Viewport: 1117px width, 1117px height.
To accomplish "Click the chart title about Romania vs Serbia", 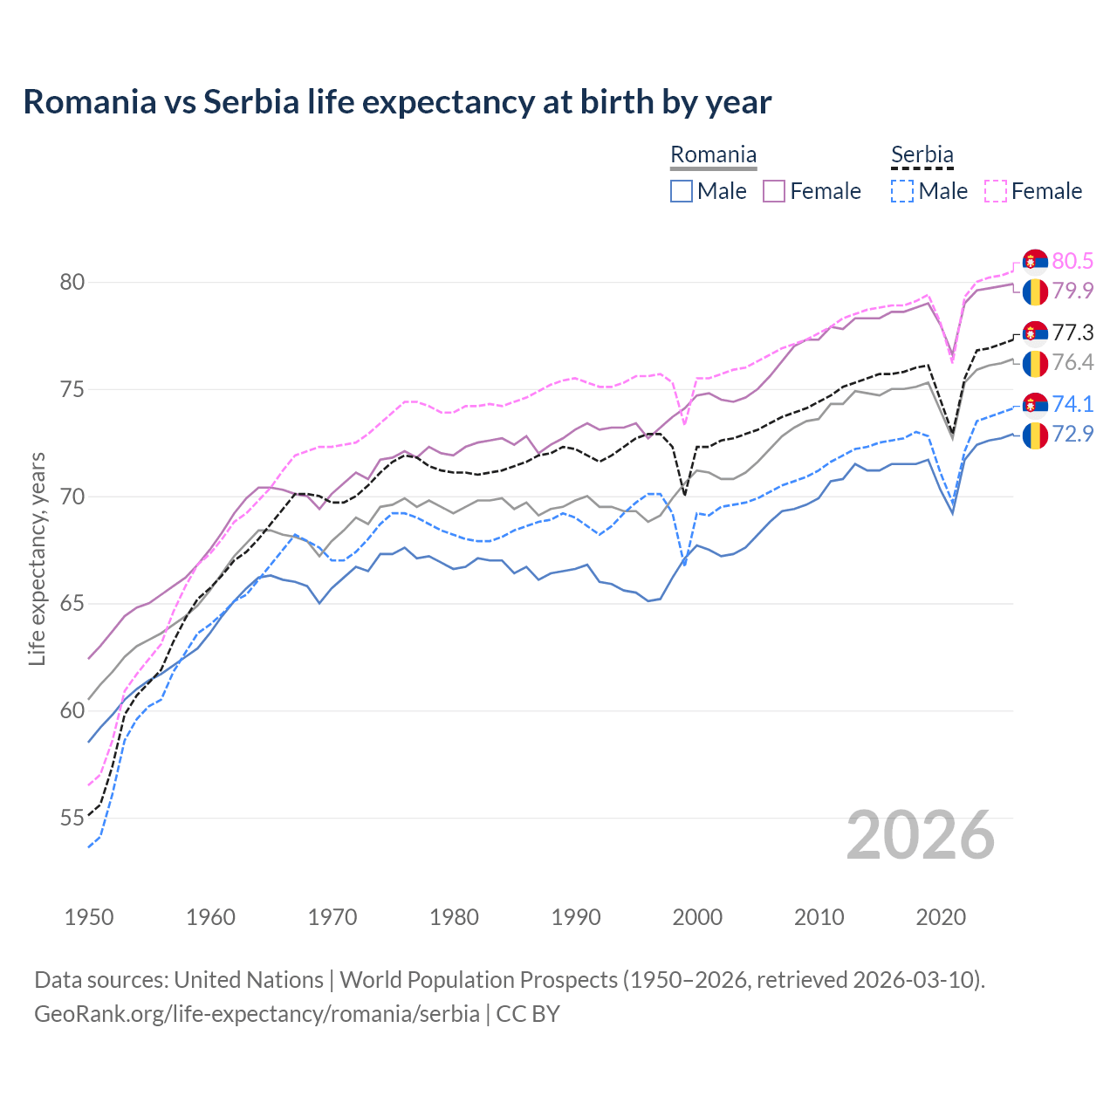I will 397,102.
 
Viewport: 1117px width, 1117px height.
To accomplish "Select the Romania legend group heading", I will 713,155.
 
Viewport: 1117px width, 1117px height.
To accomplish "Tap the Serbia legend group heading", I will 922,155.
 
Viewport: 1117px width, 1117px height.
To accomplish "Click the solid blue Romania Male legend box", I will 682,191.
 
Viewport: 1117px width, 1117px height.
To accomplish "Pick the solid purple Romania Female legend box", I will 774,191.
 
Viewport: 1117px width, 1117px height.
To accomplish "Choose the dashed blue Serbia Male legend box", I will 902,191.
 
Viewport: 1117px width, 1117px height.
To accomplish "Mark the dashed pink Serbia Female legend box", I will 996,191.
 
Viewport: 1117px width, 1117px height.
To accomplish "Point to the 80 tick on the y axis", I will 72,282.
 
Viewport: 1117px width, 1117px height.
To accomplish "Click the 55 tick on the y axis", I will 72,819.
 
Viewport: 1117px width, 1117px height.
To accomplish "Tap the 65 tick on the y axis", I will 72,604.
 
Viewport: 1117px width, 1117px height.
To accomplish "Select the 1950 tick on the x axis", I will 89,917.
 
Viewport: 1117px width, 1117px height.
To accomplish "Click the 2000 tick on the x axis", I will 697,917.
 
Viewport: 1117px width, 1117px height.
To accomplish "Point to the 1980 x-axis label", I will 454,917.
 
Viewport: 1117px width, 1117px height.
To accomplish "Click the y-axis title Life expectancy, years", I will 37,558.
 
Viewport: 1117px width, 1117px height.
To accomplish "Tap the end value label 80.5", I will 1072,261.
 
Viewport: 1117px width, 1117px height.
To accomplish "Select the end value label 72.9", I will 1072,434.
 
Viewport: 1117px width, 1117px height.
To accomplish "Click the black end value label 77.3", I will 1072,332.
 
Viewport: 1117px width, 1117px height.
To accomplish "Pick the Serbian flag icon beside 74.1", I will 1035,404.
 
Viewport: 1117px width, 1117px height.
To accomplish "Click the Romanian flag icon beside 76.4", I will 1035,362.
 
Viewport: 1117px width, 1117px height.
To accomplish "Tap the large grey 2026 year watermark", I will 921,835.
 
